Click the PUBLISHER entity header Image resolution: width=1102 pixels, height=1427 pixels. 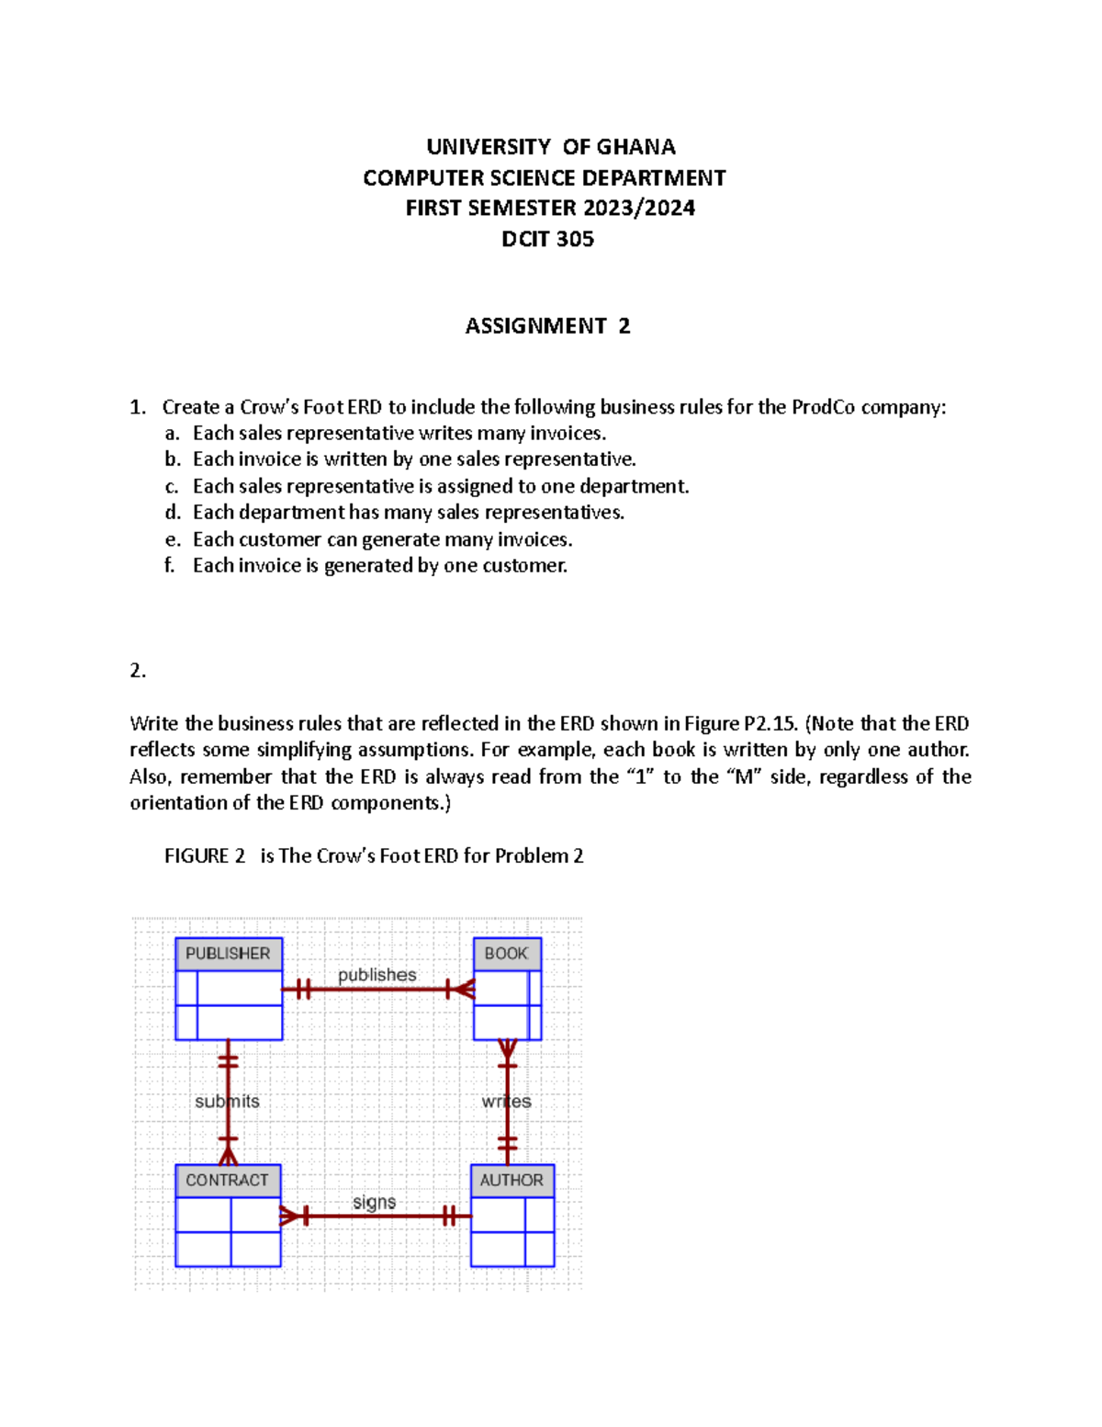click(229, 954)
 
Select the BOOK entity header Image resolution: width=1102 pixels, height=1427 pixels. click(507, 954)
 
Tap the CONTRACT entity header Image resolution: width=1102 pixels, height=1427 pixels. click(228, 1181)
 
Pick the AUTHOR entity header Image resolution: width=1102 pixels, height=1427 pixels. click(512, 1181)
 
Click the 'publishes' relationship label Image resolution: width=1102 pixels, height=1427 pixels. click(377, 975)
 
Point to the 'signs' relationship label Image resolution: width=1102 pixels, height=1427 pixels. click(374, 1202)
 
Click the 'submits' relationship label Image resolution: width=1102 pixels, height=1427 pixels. click(227, 1102)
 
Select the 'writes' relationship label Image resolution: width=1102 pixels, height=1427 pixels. click(506, 1102)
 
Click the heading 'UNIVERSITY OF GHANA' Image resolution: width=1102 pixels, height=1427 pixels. click(550, 147)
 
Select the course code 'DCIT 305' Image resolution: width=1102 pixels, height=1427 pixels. click(547, 239)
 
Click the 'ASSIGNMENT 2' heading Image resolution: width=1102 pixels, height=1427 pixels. click(547, 326)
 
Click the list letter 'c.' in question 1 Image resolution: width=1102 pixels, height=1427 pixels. click(172, 486)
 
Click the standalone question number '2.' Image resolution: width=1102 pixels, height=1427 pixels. click(138, 671)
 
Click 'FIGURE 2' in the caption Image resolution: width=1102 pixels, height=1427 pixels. click(205, 856)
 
